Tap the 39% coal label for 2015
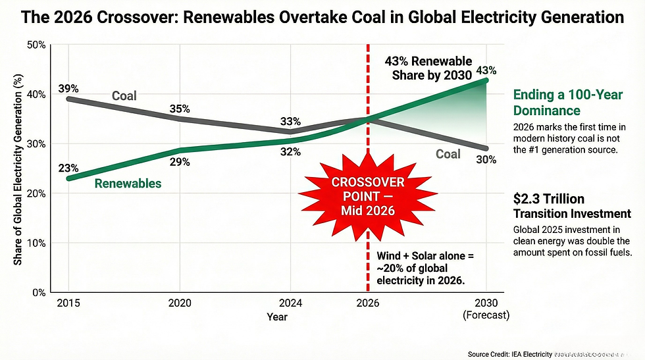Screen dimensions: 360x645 [x=68, y=88]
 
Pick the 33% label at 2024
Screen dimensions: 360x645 [x=290, y=121]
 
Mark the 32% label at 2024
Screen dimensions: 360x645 [x=290, y=152]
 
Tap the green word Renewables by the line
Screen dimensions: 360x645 [x=128, y=183]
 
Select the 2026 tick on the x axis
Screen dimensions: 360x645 [x=367, y=304]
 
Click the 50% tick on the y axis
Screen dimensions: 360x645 [x=36, y=45]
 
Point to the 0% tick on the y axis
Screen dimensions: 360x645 [x=38, y=292]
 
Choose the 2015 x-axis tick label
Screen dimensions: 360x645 [x=68, y=304]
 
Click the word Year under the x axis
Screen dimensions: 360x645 [x=277, y=316]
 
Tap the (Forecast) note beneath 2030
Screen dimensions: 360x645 [x=486, y=315]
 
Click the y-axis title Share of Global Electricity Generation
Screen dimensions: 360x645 [x=18, y=168]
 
